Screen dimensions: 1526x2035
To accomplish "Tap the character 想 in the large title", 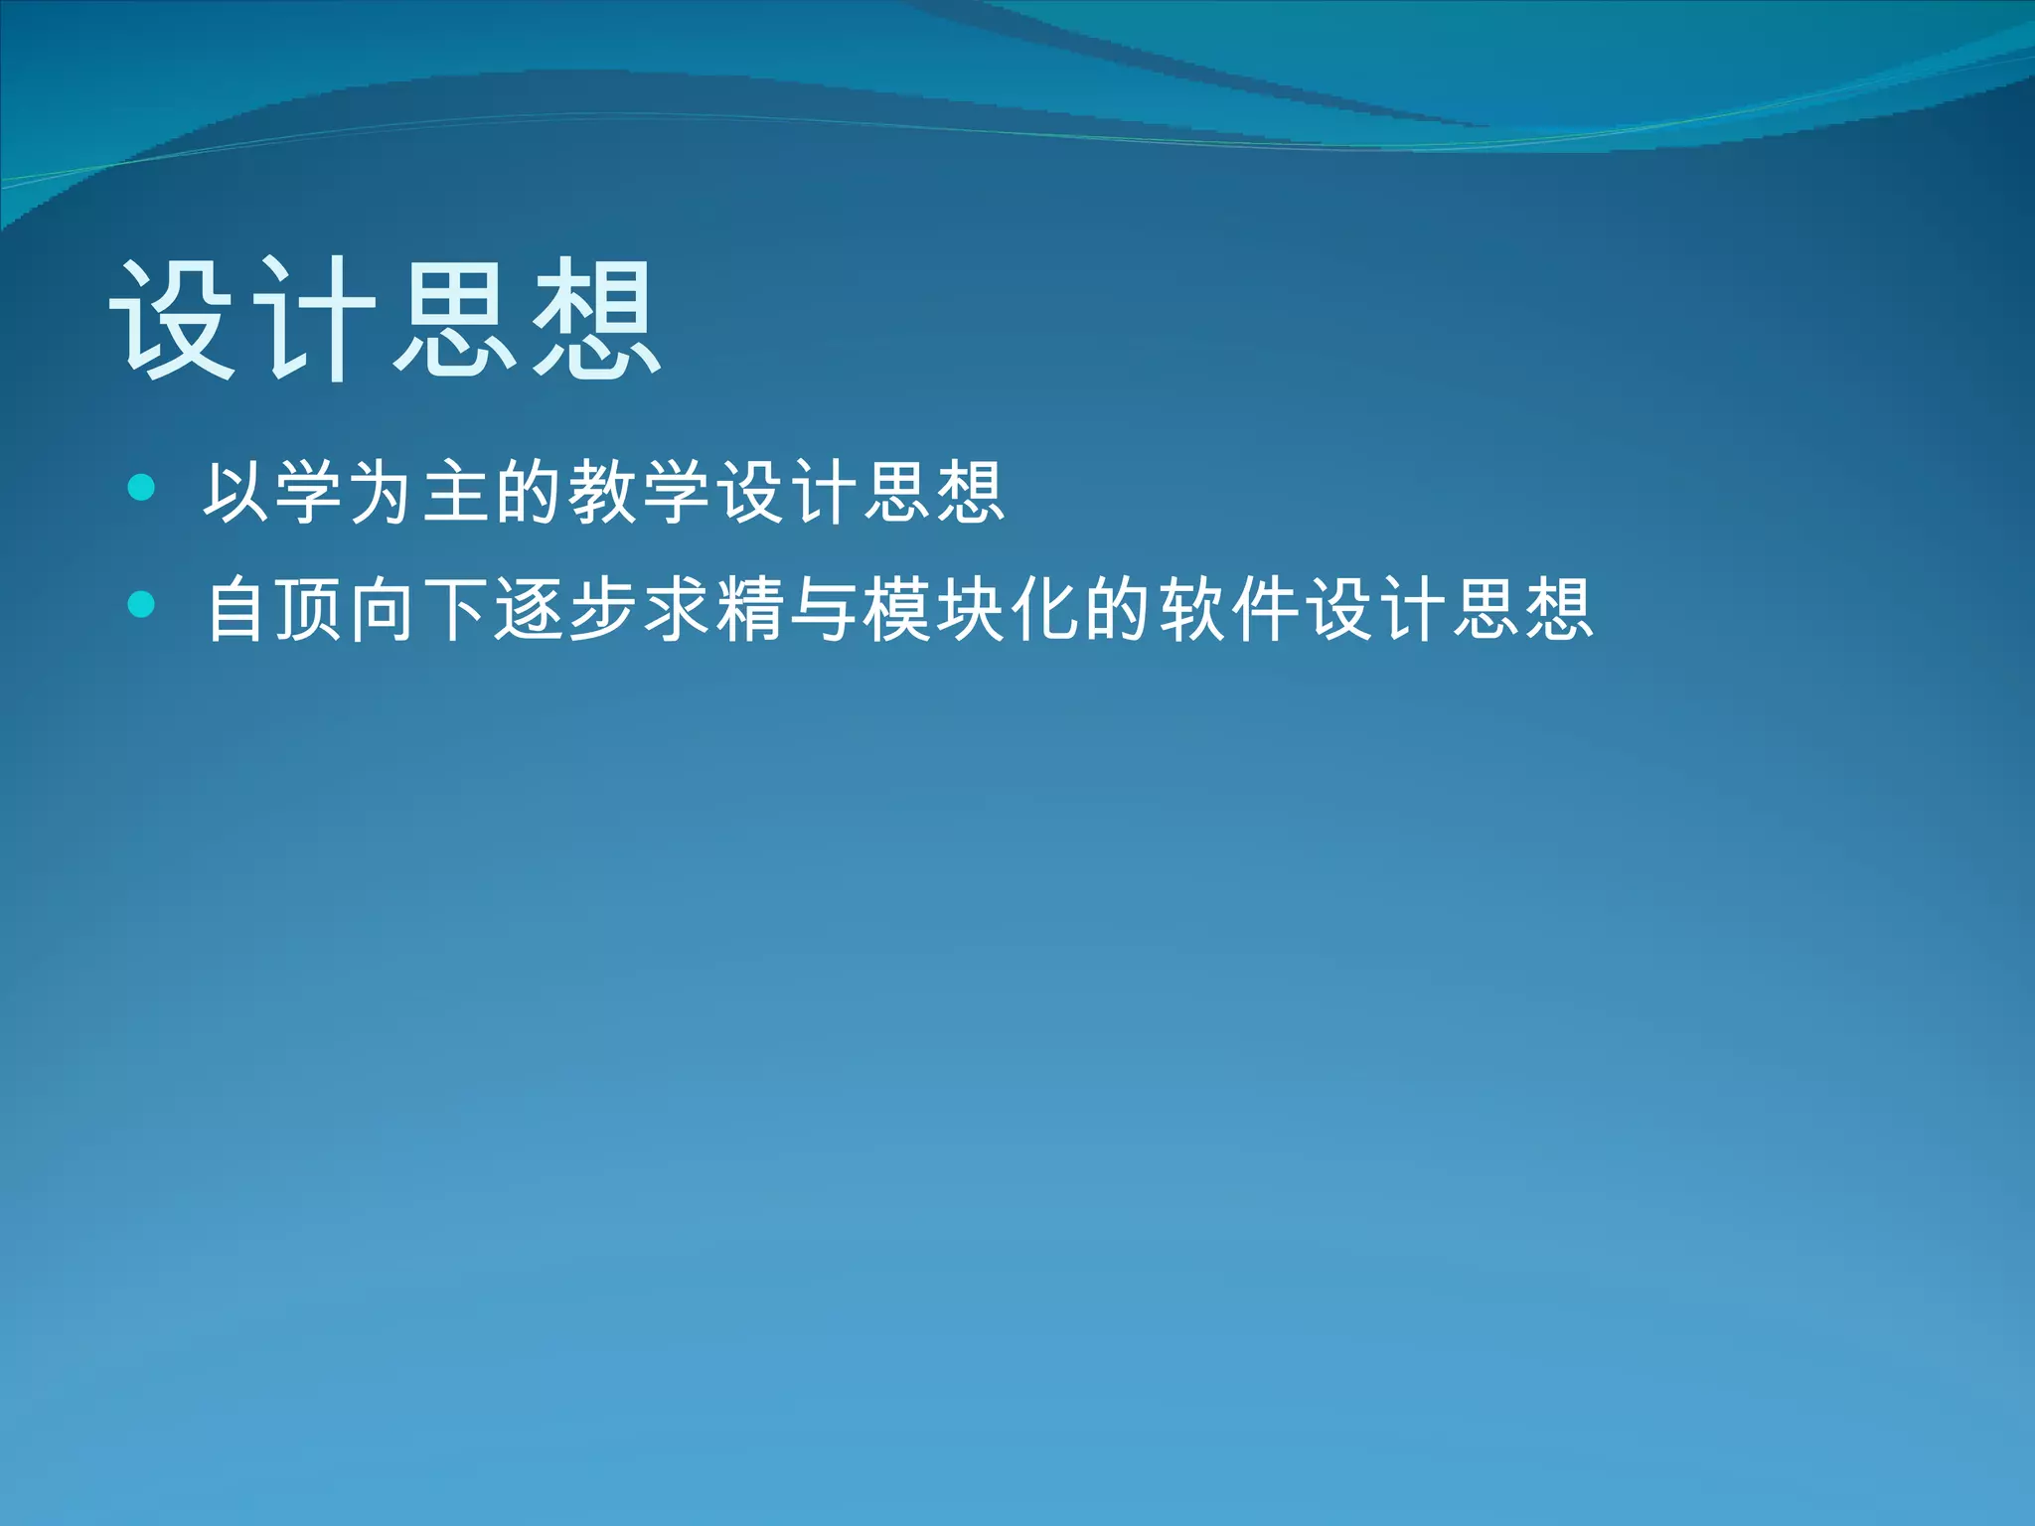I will click(x=596, y=318).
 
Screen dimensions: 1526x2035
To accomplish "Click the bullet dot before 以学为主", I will click(x=142, y=487).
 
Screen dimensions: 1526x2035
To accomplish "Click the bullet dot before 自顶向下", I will click(x=142, y=604).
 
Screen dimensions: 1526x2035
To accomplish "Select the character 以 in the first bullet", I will click(x=236, y=492).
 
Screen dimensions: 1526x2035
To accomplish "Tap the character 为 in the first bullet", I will click(x=382, y=492).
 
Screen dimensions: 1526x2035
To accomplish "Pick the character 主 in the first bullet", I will click(x=455, y=492).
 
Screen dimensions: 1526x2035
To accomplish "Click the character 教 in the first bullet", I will click(x=602, y=492).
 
